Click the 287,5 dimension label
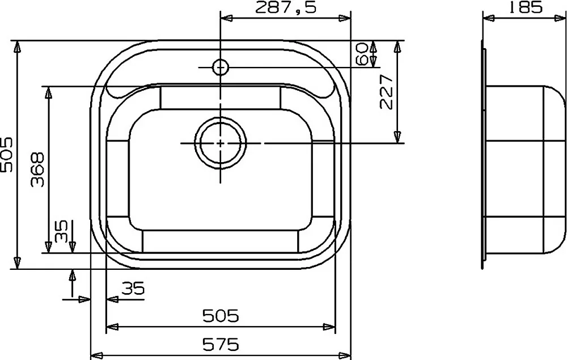point(286,8)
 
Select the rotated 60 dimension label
point(362,53)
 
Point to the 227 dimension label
point(387,92)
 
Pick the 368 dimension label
point(37,169)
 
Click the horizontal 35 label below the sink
point(133,288)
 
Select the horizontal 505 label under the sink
point(221,316)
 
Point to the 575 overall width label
point(221,345)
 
